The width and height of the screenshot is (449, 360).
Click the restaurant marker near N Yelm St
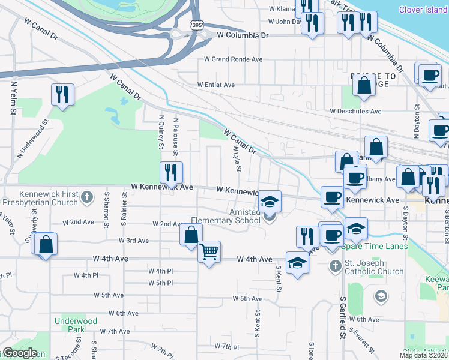pyautogui.click(x=62, y=94)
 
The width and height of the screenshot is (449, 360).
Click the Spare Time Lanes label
pyautogui.click(x=375, y=246)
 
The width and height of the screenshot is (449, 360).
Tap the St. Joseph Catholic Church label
pyautogui.click(x=374, y=267)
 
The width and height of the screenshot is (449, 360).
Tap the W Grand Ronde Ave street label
pyautogui.click(x=234, y=59)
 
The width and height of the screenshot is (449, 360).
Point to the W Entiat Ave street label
pyautogui.click(x=216, y=85)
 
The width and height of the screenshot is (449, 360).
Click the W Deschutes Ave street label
pyautogui.click(x=355, y=111)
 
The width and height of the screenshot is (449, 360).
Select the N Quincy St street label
pyautogui.click(x=161, y=132)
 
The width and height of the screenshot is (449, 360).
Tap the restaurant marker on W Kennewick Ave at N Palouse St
pyautogui.click(x=171, y=172)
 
